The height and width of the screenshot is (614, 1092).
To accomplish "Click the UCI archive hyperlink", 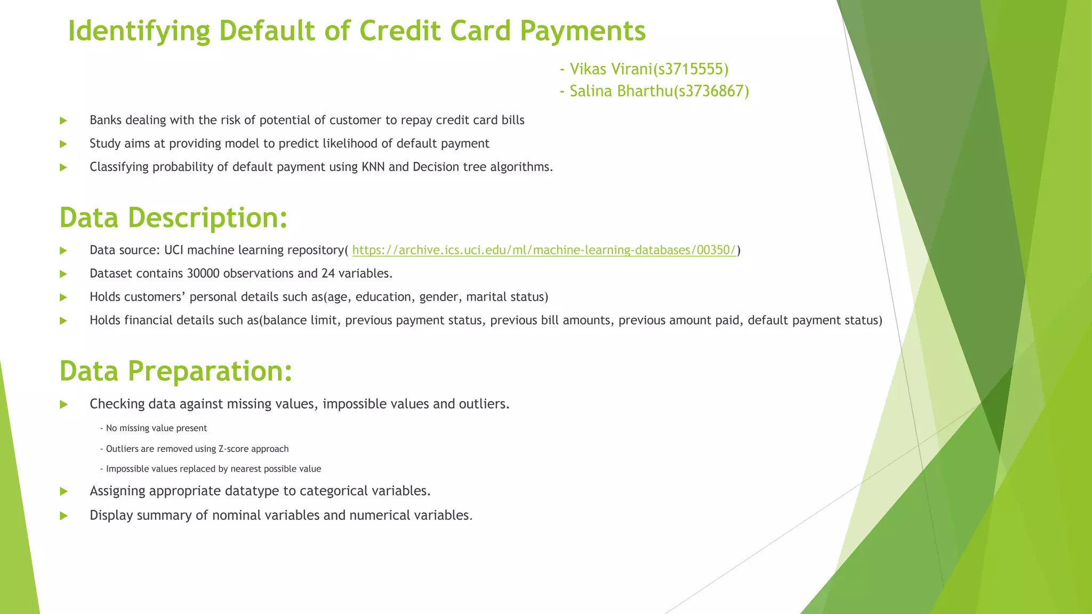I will [544, 250].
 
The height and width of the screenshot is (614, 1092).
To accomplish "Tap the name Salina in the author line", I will [591, 91].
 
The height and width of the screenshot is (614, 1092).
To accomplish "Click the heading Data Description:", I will [173, 218].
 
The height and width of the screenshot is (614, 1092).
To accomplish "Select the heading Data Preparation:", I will [176, 371].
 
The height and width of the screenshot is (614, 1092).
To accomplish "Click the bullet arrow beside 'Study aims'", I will [63, 144].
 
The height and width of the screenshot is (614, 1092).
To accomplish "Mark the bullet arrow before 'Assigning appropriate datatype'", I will [63, 491].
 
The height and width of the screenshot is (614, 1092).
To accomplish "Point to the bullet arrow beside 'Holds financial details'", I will [63, 321].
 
